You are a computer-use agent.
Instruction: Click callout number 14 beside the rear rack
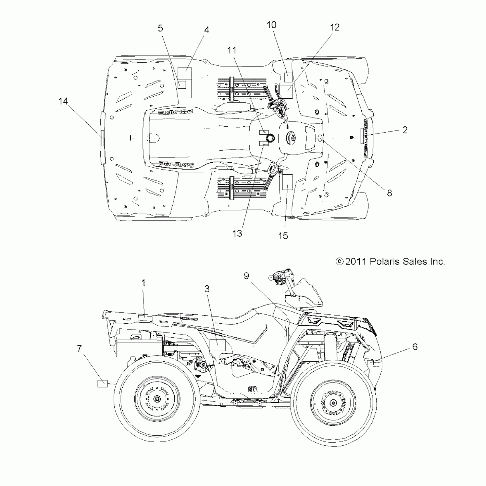(63, 101)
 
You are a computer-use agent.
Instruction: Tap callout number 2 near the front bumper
(405, 130)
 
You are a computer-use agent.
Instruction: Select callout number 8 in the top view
(389, 193)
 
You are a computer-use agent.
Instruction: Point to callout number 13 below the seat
(237, 233)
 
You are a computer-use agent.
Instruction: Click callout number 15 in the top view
(283, 236)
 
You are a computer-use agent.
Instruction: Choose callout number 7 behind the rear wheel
(79, 348)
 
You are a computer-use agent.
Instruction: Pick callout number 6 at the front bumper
(415, 347)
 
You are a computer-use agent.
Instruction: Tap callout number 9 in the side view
(246, 276)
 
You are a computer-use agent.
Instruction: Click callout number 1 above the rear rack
(144, 283)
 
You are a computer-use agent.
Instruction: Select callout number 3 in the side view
(207, 289)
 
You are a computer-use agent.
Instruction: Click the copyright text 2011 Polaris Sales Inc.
(391, 261)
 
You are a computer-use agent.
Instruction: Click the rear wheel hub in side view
(157, 399)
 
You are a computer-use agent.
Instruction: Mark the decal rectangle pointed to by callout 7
(102, 384)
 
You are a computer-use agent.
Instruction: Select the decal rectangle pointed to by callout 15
(287, 182)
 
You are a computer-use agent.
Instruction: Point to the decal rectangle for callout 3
(218, 345)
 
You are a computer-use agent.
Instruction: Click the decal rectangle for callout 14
(102, 138)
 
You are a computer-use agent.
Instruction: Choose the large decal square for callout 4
(185, 74)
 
